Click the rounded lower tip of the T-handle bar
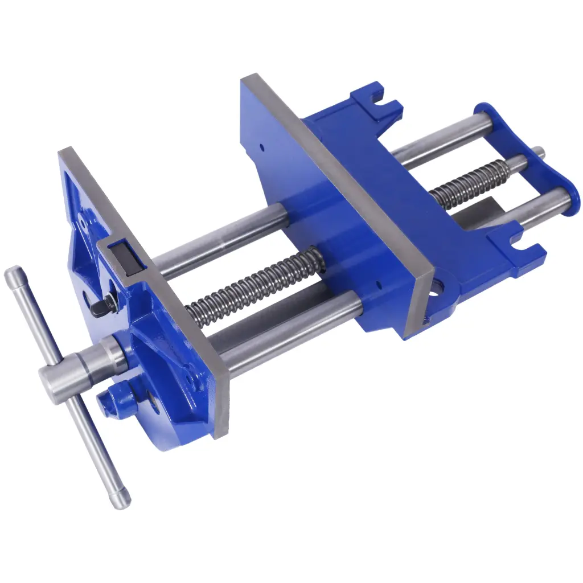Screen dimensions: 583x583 [122, 501]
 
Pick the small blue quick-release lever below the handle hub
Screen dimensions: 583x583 [113, 399]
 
